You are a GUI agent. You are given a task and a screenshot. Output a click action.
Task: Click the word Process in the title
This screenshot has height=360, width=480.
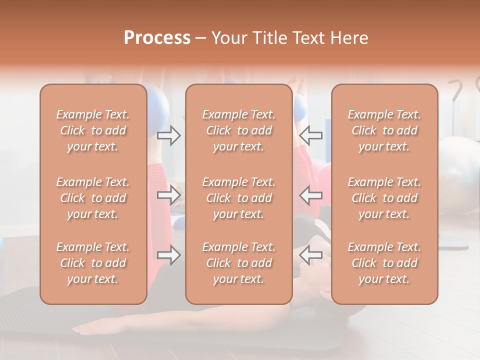point(157,38)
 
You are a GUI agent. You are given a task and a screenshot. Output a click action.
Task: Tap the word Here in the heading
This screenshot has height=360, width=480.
point(348,38)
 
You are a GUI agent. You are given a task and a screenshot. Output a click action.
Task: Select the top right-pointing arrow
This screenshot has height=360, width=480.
point(168,135)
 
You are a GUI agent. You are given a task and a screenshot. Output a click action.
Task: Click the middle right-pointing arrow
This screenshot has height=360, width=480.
point(168,195)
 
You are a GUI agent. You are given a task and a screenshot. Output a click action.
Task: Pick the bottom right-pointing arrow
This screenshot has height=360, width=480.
point(168,255)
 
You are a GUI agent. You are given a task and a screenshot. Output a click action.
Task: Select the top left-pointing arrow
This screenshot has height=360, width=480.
point(310,135)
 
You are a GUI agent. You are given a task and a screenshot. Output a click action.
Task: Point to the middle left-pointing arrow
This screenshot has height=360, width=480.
point(310,195)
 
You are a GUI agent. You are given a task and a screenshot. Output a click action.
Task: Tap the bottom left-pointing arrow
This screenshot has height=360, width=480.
point(310,255)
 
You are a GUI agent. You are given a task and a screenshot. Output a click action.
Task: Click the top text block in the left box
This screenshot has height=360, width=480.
point(93,130)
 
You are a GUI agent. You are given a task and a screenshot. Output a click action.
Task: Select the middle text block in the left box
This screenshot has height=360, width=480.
point(93,198)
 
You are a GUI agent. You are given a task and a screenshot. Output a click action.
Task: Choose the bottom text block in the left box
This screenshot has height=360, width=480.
point(93,263)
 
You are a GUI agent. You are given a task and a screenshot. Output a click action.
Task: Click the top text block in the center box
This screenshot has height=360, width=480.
point(239,130)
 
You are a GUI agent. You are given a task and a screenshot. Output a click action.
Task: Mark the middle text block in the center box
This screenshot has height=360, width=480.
point(239,198)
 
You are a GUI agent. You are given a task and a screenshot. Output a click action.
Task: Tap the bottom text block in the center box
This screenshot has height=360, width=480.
point(239,263)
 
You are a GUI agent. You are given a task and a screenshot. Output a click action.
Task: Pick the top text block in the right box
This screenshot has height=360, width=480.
point(384,130)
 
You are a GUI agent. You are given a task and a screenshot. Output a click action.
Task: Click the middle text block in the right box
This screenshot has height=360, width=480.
point(384,198)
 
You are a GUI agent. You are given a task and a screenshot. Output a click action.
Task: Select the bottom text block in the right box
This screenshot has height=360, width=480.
point(384,263)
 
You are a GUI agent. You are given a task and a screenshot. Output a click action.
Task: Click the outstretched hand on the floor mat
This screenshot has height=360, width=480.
point(95,327)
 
